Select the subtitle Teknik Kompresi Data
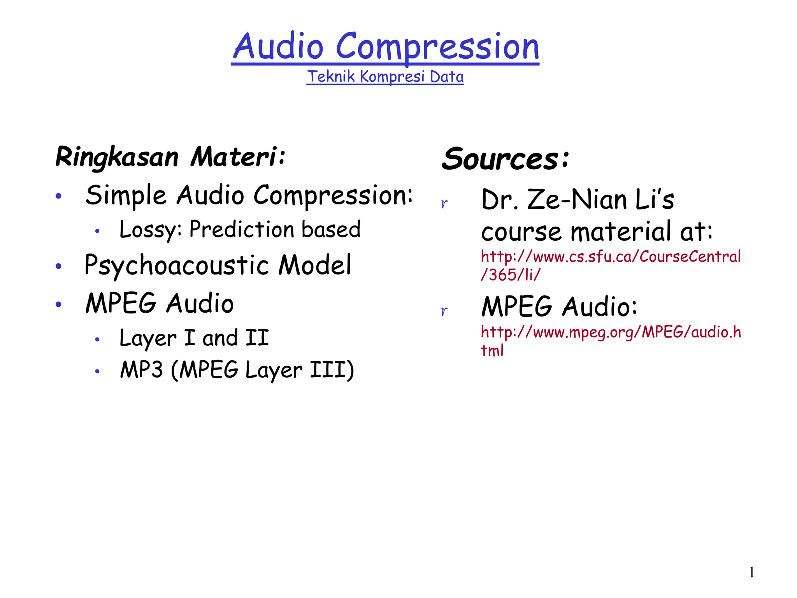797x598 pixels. tap(385, 77)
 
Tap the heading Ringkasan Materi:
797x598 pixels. tap(170, 157)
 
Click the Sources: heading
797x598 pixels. tap(505, 159)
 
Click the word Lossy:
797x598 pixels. tap(150, 229)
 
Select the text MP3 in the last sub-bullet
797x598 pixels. tap(141, 369)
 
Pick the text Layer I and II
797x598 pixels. tap(194, 338)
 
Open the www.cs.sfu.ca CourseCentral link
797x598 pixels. tap(611, 257)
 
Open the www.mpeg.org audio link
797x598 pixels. tap(611, 332)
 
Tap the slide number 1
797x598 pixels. tap(751, 572)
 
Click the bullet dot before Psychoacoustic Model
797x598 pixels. tap(59, 266)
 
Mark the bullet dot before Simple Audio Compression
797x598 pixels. tap(59, 196)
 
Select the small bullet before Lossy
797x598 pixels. tap(97, 231)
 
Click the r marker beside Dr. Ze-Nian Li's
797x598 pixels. tap(444, 203)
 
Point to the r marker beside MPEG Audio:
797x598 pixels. tap(444, 311)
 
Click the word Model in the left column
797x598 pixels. tap(315, 266)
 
